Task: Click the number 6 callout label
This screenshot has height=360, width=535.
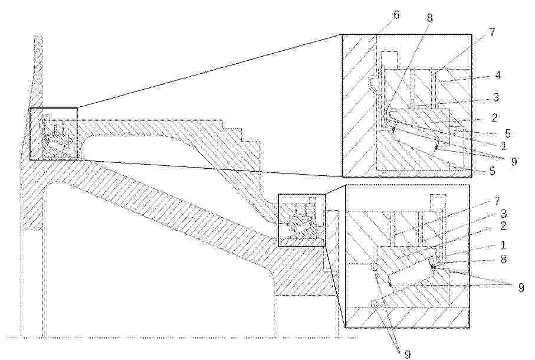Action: tap(396, 15)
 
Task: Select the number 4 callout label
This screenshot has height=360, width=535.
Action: tap(498, 75)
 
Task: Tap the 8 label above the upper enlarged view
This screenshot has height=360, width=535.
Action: tap(429, 18)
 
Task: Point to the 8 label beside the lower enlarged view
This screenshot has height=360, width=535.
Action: tap(503, 259)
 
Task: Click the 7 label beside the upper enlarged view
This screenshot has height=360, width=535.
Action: tap(492, 32)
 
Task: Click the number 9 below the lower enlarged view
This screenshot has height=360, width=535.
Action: tap(406, 354)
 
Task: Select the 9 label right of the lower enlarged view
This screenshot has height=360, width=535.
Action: tap(521, 287)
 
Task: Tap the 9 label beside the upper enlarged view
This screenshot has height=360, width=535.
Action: tap(514, 161)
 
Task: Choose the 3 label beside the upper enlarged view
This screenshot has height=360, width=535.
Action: tap(495, 97)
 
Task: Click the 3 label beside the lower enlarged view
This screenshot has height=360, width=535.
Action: tap(503, 214)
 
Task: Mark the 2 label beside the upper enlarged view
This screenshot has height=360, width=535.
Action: tap(494, 118)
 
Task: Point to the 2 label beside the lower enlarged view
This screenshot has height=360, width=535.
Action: tap(503, 226)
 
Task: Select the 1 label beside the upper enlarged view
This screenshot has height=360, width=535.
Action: tap(503, 146)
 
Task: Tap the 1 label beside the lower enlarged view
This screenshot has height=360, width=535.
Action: tap(503, 245)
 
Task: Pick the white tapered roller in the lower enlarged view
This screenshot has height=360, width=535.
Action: tap(411, 274)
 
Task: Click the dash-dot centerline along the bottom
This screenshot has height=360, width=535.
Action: tap(182, 338)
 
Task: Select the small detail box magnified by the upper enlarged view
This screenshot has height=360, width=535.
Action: tap(54, 134)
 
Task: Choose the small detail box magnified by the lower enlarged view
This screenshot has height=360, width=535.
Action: tap(303, 220)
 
